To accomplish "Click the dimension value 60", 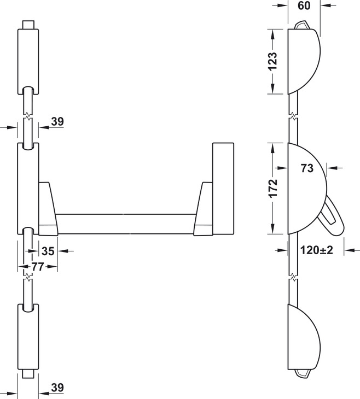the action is click(x=304, y=5).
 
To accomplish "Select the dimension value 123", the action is click(x=272, y=61).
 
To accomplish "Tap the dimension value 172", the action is click(x=273, y=189).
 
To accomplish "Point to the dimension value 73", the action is click(x=307, y=168).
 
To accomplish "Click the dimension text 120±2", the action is click(x=317, y=250).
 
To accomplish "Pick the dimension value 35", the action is click(x=48, y=251).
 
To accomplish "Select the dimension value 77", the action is click(x=38, y=267).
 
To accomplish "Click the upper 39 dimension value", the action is click(x=57, y=121).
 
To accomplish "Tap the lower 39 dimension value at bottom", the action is click(x=57, y=388).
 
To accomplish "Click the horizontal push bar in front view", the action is click(x=126, y=224).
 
